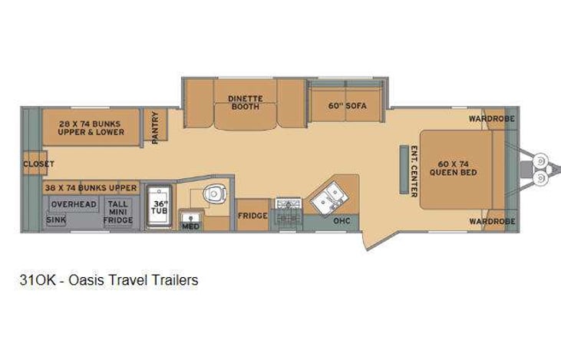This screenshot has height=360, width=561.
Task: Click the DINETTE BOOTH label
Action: pyautogui.click(x=245, y=103)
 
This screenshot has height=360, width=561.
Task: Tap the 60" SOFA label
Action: pyautogui.click(x=345, y=104)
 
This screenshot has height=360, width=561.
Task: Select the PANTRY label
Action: pyautogui.click(x=156, y=127)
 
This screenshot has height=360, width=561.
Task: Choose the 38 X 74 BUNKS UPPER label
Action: pyautogui.click(x=91, y=187)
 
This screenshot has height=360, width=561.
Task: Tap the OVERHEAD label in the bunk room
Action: pyautogui.click(x=74, y=204)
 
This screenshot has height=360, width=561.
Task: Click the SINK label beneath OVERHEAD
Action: pyautogui.click(x=56, y=220)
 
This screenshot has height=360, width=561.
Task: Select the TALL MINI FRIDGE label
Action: pyautogui.click(x=117, y=212)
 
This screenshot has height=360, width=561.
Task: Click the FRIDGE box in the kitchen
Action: pyautogui.click(x=252, y=216)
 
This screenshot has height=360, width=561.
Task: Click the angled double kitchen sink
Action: pyautogui.click(x=328, y=197)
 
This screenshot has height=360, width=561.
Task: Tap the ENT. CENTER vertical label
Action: pyautogui.click(x=414, y=170)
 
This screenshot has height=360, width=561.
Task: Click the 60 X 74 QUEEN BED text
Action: pyautogui.click(x=457, y=169)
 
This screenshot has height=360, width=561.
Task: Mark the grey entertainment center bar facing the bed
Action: pyautogui.click(x=401, y=169)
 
